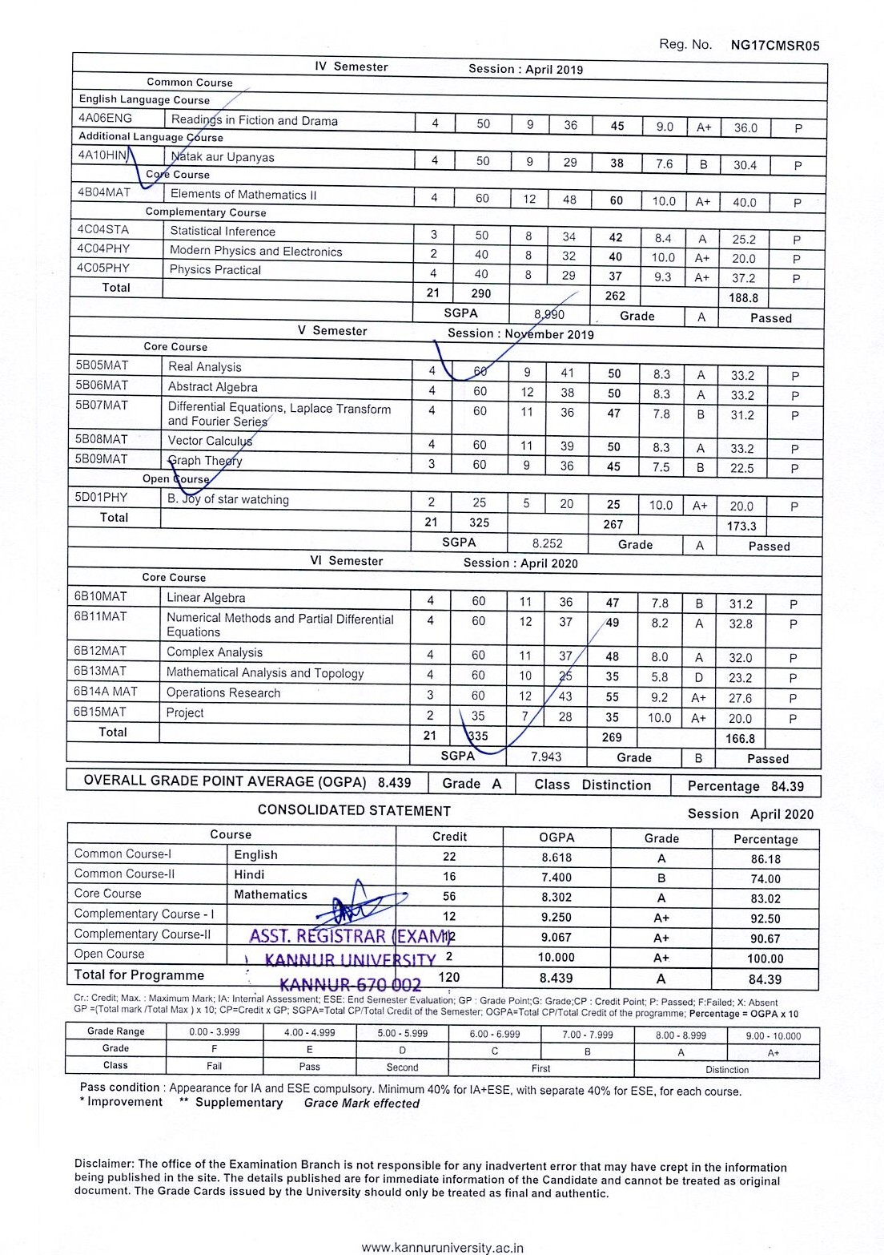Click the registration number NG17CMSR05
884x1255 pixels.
tap(775, 46)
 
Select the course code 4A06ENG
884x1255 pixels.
tap(106, 119)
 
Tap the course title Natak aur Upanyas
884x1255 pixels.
tap(223, 157)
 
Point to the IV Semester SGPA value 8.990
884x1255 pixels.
tap(548, 315)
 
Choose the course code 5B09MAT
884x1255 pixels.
tap(102, 459)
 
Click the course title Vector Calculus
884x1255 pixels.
tap(210, 441)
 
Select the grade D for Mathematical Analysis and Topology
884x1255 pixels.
tap(698, 678)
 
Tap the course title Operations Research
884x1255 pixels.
tap(223, 693)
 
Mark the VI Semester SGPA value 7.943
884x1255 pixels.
tap(546, 757)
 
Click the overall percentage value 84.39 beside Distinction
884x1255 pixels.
tap(787, 786)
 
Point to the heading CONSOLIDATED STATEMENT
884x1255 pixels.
tap(354, 811)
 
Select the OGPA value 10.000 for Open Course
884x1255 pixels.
tap(557, 958)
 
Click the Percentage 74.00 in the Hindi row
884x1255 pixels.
tap(765, 878)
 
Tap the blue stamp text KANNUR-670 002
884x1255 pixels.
tap(350, 984)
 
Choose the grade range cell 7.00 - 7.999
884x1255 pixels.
tap(588, 1035)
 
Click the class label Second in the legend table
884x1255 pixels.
tap(402, 1067)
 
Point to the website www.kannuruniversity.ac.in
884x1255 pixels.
tap(442, 1248)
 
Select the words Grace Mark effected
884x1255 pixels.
tap(361, 1104)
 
